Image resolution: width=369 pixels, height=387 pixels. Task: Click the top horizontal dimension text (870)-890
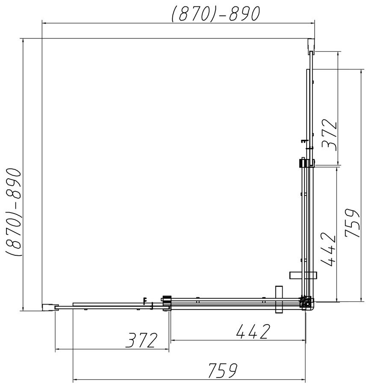tap(216, 13)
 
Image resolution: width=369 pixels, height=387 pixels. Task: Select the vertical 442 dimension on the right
tap(329, 250)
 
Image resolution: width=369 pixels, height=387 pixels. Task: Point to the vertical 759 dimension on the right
tap(352, 223)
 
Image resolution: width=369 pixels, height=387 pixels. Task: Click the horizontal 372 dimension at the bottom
tap(141, 340)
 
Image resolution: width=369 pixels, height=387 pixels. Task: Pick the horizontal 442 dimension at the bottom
tap(253, 331)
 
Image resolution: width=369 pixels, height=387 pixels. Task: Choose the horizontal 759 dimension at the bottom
tap(223, 370)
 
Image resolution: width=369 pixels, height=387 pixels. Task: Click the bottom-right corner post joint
tap(307, 303)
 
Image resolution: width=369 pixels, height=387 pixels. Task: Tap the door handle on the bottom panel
tap(279, 299)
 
